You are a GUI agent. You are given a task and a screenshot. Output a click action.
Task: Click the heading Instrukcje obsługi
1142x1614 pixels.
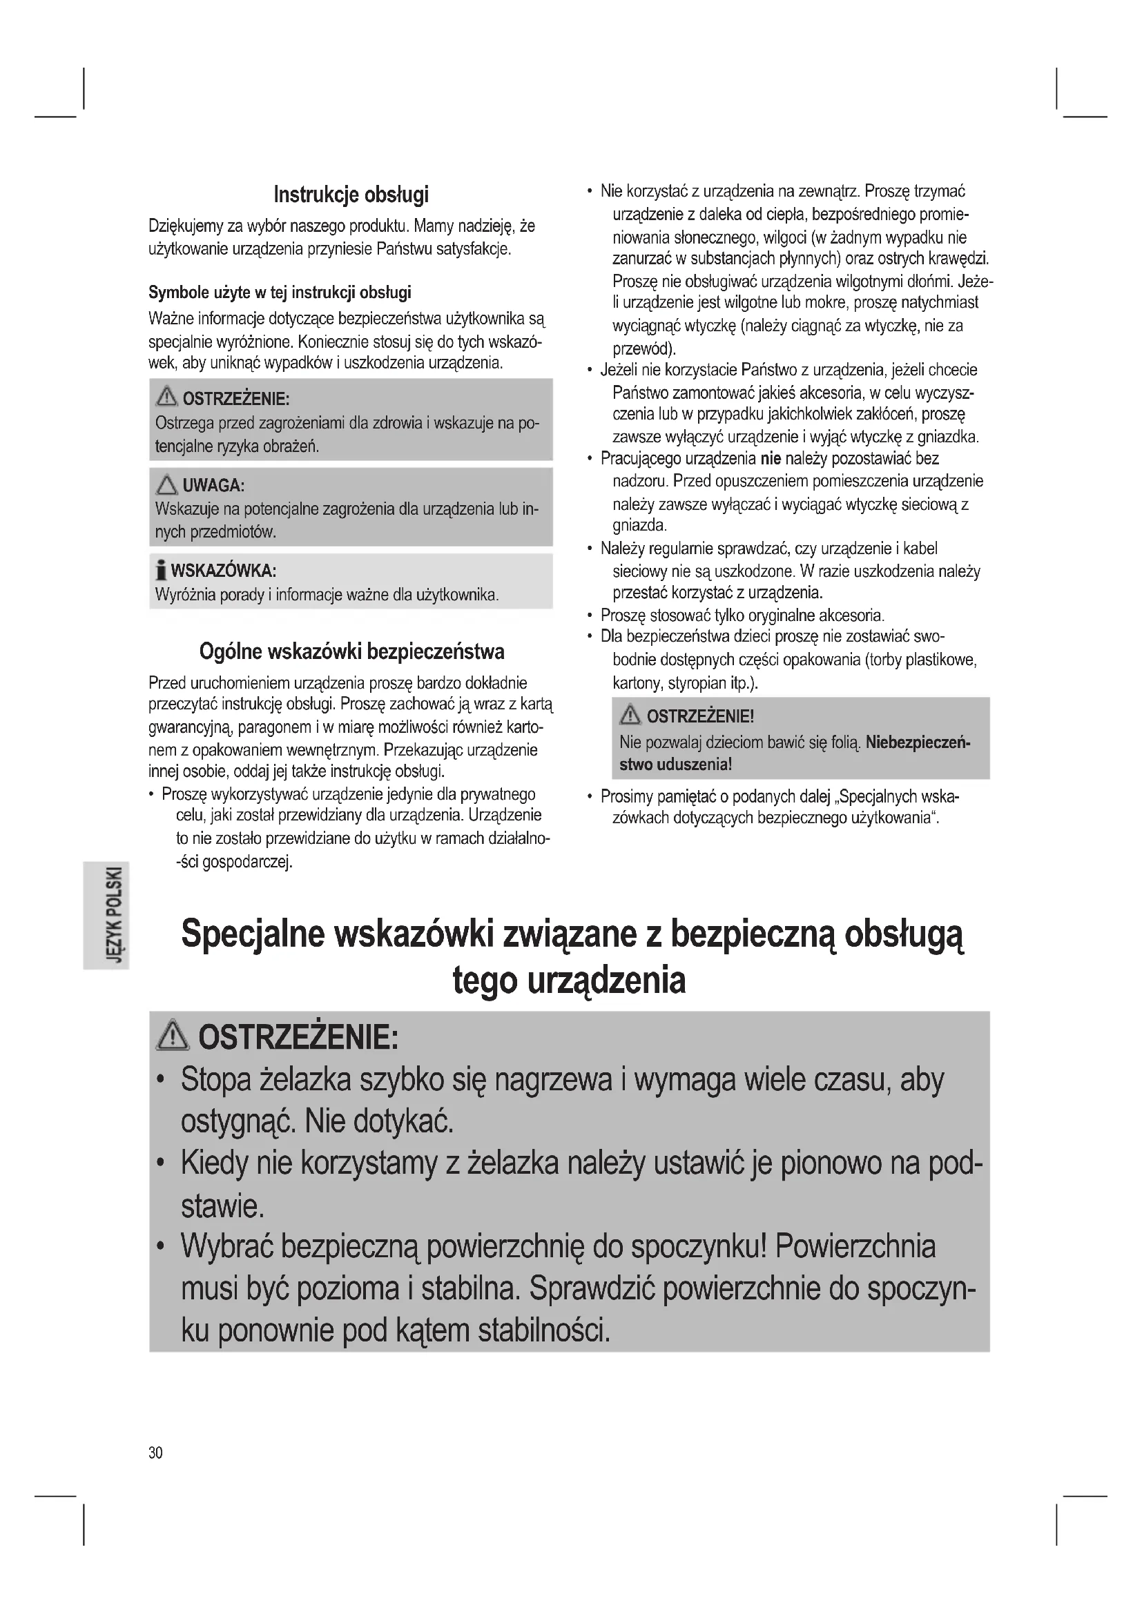(351, 195)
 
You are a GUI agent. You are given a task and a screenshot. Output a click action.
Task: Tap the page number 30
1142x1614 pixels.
(155, 1453)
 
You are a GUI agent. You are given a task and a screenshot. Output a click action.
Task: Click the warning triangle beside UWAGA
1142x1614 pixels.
(167, 484)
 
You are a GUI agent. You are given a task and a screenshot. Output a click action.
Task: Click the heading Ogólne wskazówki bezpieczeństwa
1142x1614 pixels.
(351, 651)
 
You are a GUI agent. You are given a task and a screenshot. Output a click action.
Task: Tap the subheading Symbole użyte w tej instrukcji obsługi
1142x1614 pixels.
(280, 293)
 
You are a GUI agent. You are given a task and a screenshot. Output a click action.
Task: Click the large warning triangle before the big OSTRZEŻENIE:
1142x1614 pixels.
(173, 1038)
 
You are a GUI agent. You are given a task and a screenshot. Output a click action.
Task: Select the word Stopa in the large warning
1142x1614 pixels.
(216, 1081)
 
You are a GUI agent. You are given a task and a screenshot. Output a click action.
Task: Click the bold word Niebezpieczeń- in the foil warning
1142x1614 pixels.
(918, 742)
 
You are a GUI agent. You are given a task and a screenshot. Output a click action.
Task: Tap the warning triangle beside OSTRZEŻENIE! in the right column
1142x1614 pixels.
(630, 716)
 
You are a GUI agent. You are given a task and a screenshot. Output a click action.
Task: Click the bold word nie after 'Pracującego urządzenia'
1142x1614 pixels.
(771, 459)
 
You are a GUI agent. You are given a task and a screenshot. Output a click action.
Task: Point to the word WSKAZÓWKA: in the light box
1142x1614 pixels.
(224, 569)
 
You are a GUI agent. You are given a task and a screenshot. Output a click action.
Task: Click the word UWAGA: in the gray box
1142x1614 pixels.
(214, 485)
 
